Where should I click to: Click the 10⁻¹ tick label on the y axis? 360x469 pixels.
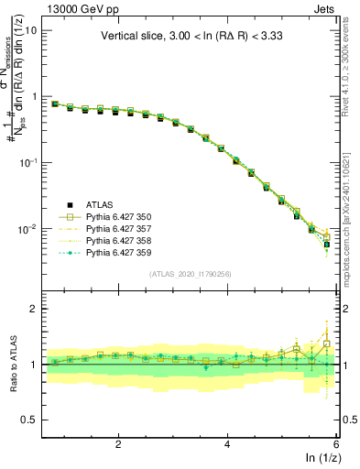click(x=27, y=162)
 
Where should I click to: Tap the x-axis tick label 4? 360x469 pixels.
click(x=227, y=443)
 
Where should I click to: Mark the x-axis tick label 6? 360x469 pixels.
click(x=336, y=443)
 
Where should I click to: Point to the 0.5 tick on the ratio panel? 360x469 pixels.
click(x=28, y=420)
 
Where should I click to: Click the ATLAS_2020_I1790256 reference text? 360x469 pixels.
click(x=190, y=274)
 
